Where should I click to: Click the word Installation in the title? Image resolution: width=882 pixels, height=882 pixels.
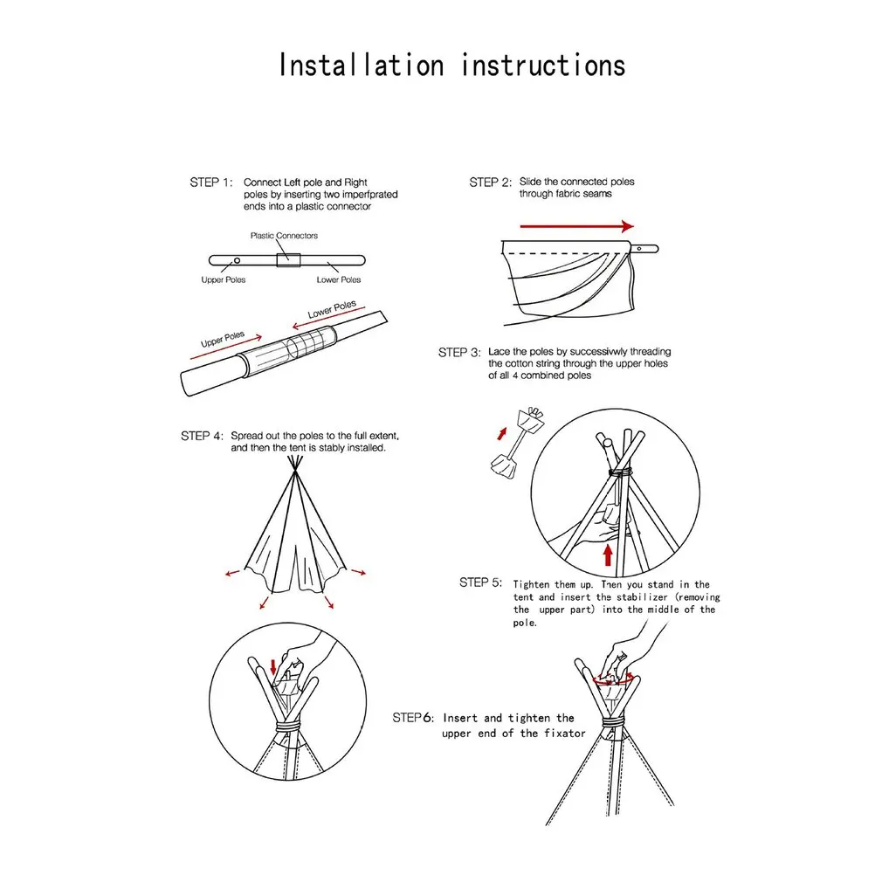[x=361, y=65]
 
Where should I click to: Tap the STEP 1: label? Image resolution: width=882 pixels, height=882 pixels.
[x=211, y=183]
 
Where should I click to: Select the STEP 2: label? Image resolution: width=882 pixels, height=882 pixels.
[x=490, y=183]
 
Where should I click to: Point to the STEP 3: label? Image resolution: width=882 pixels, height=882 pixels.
[x=459, y=353]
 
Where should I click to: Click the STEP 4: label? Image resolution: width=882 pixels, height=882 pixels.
[x=203, y=436]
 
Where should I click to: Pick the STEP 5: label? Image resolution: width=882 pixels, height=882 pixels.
[x=480, y=582]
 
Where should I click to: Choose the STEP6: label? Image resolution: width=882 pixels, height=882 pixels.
[x=412, y=718]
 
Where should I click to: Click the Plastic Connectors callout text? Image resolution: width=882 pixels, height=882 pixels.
[x=284, y=236]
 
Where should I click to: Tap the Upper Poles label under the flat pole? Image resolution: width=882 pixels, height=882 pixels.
[x=224, y=280]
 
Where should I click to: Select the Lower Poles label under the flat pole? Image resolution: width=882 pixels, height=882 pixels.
[x=339, y=280]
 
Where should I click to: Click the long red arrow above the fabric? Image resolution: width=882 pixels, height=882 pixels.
[x=568, y=226]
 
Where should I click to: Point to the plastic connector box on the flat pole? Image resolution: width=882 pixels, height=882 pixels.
[x=288, y=259]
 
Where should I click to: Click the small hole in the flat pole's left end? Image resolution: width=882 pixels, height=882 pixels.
[x=237, y=260]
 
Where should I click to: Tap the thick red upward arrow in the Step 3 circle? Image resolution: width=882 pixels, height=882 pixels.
[x=608, y=554]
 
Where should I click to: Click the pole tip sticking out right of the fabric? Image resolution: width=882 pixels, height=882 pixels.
[x=646, y=248]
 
